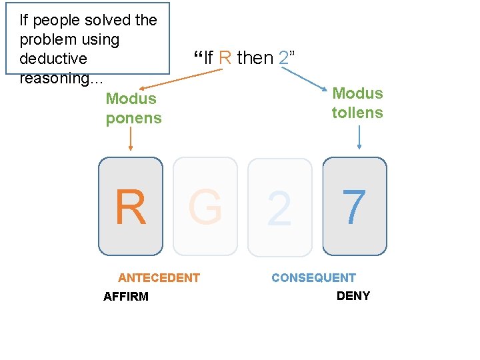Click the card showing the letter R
[x=131, y=207]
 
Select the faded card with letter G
[x=205, y=207]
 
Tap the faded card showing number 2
[x=280, y=207]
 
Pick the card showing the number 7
[x=355, y=207]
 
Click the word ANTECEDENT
[x=159, y=278]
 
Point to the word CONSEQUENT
[x=313, y=278]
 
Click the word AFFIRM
[x=126, y=297]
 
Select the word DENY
[x=353, y=296]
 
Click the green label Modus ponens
[x=133, y=109]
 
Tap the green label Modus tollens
[x=357, y=103]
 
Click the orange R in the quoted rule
[x=225, y=58]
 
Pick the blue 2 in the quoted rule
[x=284, y=58]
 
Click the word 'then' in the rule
[x=255, y=58]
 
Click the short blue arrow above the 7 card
[x=359, y=137]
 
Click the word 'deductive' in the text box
[x=53, y=59]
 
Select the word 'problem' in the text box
[x=46, y=39]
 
